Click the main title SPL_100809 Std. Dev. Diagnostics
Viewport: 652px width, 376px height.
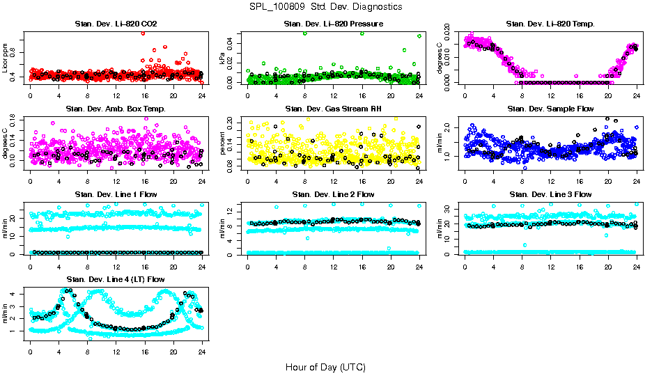coord(325,6)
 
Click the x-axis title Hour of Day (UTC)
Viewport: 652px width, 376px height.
coord(325,366)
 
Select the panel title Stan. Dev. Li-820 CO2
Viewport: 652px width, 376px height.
coord(116,24)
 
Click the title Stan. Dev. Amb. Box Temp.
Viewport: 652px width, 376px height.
coord(116,109)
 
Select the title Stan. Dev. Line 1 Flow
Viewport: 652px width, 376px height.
coord(116,194)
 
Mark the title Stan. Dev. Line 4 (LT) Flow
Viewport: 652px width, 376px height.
coord(116,279)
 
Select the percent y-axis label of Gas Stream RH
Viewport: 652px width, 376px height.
coord(223,143)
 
